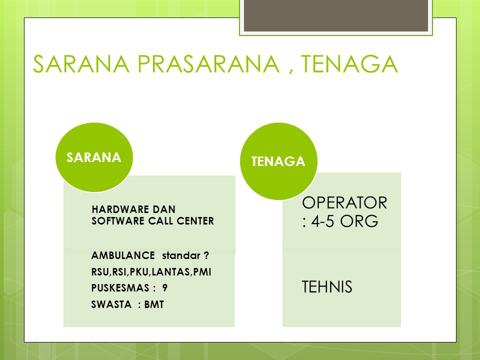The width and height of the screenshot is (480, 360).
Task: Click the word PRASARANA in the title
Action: click(x=208, y=64)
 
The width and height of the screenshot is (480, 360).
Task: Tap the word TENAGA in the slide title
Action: click(x=349, y=64)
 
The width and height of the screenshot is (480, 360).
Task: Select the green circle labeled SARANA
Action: click(x=94, y=157)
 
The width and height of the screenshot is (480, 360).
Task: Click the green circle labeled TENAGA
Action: click(x=278, y=161)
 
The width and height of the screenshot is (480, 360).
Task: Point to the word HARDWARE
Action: click(x=119, y=209)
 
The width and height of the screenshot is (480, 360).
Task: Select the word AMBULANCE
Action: click(x=123, y=255)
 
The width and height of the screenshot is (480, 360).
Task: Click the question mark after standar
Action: click(x=206, y=255)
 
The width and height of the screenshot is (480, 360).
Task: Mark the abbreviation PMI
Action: click(x=202, y=272)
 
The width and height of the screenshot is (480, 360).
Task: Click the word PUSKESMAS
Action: click(x=116, y=288)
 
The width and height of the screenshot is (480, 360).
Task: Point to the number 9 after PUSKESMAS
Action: click(x=164, y=288)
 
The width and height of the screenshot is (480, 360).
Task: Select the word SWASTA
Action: click(x=111, y=304)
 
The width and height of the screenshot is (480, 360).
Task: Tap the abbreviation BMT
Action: click(x=154, y=304)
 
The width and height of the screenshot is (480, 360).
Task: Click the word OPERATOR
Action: click(x=344, y=203)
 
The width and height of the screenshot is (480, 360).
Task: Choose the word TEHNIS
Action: click(x=327, y=287)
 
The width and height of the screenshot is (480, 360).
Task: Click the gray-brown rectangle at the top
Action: click(x=336, y=15)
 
